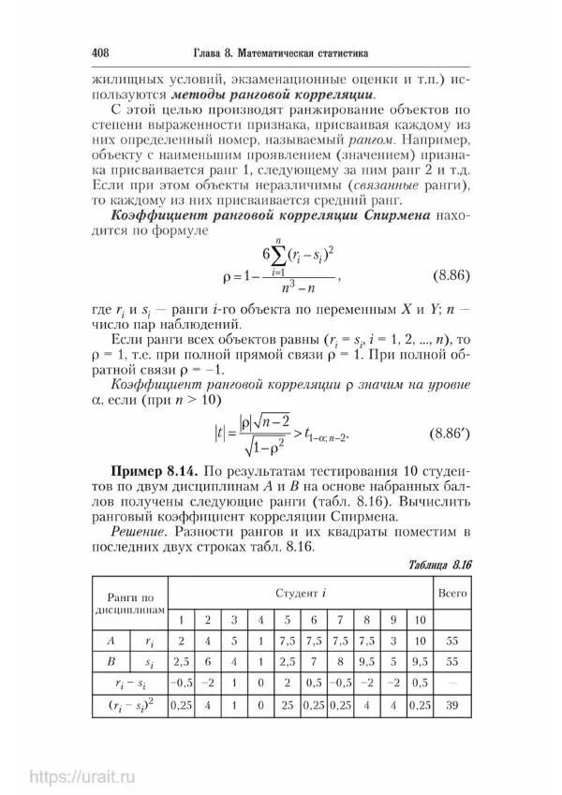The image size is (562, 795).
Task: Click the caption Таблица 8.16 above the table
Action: [x=440, y=567]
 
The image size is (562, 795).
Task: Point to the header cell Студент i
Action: [x=301, y=594]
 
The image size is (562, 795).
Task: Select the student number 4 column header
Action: [x=260, y=619]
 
